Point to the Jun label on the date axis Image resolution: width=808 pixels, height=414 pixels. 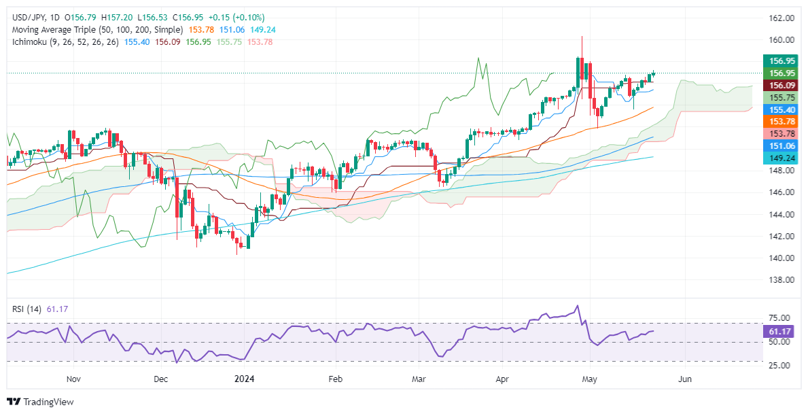[x=685, y=379]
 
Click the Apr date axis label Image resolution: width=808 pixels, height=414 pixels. [x=502, y=379]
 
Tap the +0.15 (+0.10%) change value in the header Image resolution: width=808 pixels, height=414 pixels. [x=238, y=17]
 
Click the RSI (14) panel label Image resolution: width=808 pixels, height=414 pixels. [x=27, y=309]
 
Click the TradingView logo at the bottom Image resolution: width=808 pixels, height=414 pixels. [x=41, y=402]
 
